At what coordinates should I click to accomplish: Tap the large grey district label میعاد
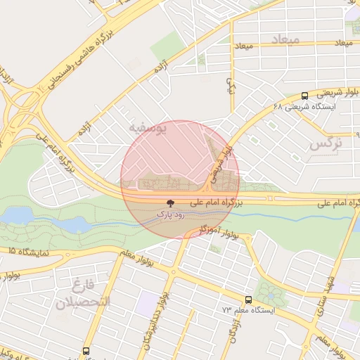289,39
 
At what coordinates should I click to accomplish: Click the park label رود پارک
171,213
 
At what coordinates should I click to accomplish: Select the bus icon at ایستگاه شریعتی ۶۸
304,96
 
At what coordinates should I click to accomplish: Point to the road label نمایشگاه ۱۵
28,250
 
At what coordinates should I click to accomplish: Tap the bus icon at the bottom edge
86,350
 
